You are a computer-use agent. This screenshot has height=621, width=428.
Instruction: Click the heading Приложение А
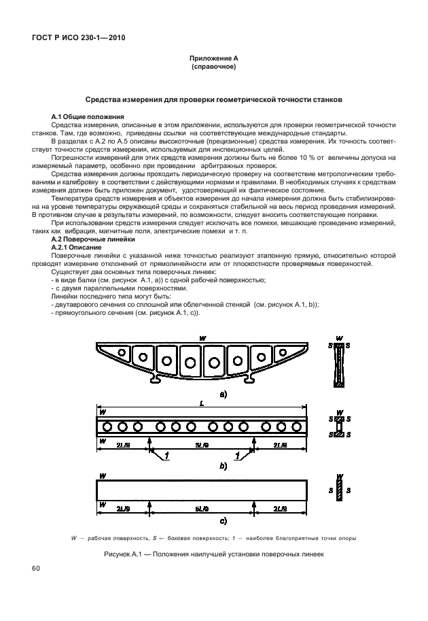coord(213,60)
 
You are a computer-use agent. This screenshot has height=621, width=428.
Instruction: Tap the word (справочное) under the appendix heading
coord(213,68)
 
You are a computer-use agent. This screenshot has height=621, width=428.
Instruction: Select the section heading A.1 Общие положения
coord(84,117)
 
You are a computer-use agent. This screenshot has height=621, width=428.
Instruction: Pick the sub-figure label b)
coord(222,466)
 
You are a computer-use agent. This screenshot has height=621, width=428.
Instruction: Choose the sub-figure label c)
coord(222,522)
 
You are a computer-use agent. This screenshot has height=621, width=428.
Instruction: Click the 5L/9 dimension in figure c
coord(202,507)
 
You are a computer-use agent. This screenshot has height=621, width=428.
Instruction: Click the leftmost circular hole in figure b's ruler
coord(107,426)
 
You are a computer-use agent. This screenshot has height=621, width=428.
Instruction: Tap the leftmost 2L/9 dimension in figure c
coord(124,507)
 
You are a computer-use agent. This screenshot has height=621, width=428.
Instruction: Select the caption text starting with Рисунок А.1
coord(213,554)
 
